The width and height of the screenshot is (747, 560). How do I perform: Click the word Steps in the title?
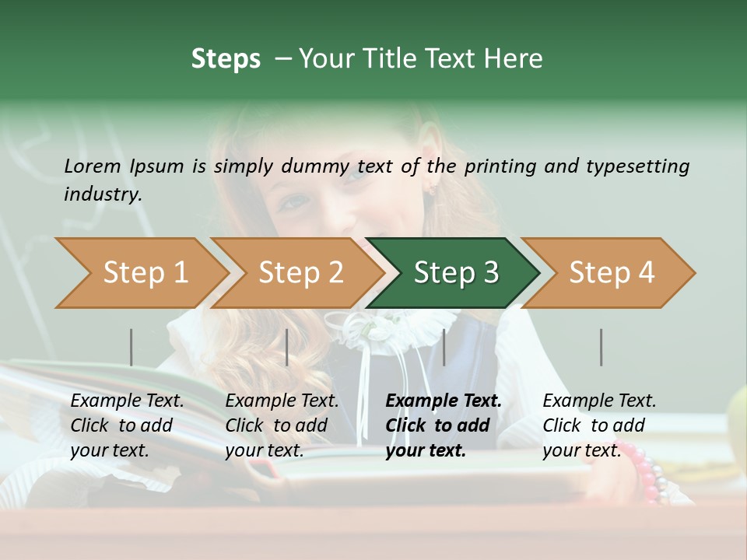[226, 59]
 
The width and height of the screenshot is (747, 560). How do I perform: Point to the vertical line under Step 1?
[131, 347]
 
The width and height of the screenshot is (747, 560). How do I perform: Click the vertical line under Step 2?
[287, 347]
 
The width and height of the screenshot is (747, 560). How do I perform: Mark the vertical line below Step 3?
[444, 347]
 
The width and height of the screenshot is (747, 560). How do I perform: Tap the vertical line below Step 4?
[601, 347]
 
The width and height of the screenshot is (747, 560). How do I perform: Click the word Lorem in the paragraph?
[92, 166]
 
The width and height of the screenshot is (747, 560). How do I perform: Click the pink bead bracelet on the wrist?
[648, 470]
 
